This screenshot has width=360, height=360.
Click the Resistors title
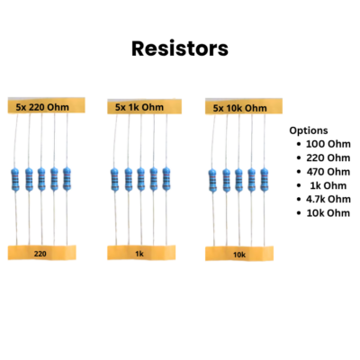coord(180,49)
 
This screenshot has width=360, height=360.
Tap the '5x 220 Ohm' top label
coord(42,107)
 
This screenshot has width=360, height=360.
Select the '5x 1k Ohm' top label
coord(139,107)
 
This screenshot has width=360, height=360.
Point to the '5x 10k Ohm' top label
coord(240,108)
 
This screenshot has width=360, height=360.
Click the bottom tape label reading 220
coord(40,254)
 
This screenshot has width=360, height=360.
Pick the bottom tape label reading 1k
coord(139,254)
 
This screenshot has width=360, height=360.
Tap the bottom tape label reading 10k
coord(239,255)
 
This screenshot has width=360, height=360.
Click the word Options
coord(309,130)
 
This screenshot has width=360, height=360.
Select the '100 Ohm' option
coord(328,144)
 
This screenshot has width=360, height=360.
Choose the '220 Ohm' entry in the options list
coord(328,157)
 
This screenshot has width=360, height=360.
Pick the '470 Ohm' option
coord(328,172)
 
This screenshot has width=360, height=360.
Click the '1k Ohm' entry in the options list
coord(328,185)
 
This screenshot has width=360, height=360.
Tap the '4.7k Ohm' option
coord(328,199)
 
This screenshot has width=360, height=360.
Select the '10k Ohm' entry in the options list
coord(328,213)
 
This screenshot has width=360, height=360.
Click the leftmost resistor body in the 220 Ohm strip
coord(15,180)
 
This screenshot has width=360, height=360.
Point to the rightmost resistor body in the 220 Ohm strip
coord(67,179)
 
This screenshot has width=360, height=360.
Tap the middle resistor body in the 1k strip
coord(140,179)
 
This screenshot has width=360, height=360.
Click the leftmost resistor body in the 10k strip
coord(212,181)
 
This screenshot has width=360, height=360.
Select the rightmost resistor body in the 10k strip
coord(264,180)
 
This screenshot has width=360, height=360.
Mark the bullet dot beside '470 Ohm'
coord(299,172)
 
